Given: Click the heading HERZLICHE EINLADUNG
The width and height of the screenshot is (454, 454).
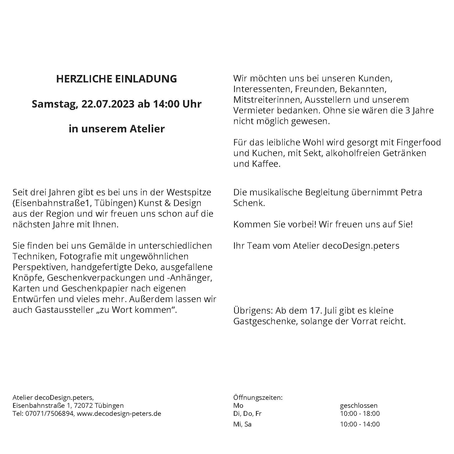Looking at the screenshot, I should point(116,79).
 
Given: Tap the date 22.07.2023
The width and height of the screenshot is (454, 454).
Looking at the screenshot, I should point(108,104).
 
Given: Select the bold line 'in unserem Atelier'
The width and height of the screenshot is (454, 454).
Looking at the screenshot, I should point(117,129).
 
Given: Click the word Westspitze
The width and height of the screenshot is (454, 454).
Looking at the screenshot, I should point(189,192).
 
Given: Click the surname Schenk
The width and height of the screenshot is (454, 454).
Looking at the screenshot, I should point(249,203).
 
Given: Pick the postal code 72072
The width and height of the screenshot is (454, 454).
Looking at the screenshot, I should point(83,406).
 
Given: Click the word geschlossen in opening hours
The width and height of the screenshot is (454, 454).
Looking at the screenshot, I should point(359,406).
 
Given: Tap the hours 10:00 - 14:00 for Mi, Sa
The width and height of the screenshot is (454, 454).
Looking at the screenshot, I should point(360,424).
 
